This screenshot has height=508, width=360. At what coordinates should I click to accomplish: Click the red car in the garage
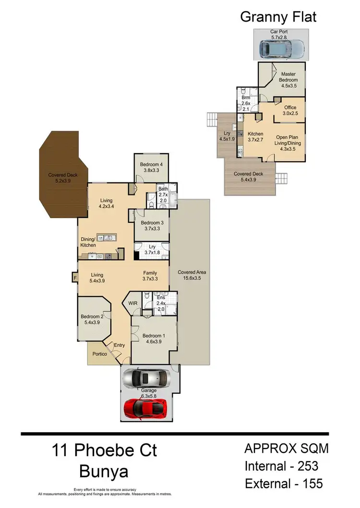[146, 408]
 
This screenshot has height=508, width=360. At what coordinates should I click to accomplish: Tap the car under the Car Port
[282, 48]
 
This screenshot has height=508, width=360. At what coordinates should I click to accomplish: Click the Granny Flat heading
[278, 18]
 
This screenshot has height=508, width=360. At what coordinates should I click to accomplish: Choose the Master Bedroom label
[288, 77]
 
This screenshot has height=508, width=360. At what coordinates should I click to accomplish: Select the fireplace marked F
[75, 277]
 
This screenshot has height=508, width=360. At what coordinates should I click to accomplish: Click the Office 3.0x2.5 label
[290, 110]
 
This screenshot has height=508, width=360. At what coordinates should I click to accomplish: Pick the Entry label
[120, 345]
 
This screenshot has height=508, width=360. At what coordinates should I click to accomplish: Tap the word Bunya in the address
[104, 472]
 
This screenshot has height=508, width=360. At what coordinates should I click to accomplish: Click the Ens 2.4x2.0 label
[162, 303]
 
